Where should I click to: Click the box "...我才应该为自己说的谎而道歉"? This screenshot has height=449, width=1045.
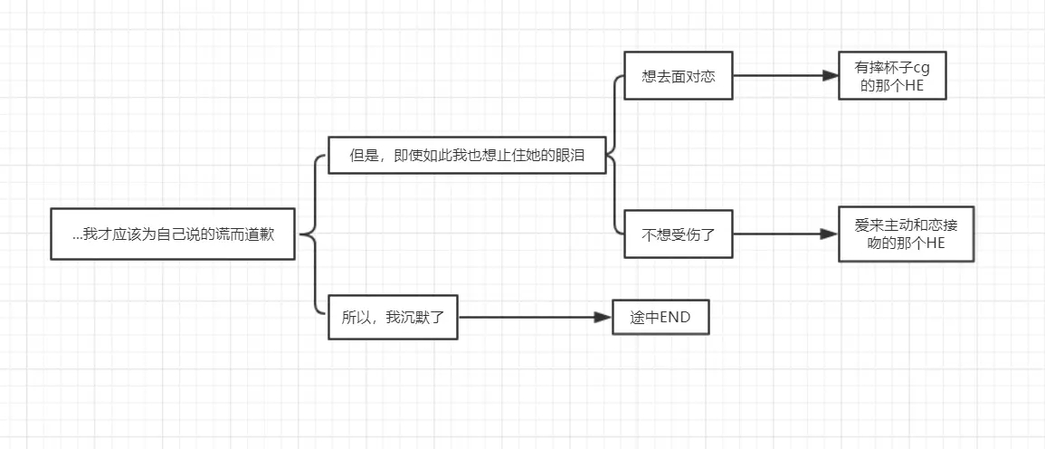click(173, 234)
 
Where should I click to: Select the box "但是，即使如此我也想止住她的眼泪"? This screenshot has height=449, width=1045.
click(467, 156)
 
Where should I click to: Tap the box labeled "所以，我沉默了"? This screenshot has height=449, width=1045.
click(393, 318)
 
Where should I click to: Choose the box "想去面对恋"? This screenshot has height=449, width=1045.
click(678, 76)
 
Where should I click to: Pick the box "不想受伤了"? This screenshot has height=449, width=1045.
click(678, 234)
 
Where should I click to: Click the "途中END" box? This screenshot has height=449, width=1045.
click(660, 318)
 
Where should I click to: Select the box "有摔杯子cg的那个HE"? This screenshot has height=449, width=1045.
click(892, 76)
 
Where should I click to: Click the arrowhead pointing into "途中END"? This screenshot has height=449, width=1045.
click(603, 318)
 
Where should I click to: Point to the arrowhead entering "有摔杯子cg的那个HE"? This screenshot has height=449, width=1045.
click(831, 76)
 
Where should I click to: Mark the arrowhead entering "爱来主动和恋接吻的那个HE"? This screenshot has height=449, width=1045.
click(830, 234)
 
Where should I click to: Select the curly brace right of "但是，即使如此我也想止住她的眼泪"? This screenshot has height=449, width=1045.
click(613, 156)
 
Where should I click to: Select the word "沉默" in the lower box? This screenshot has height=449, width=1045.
click(410, 318)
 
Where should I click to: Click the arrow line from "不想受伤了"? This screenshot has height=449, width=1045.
click(778, 234)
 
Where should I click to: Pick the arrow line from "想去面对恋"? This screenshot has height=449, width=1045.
click(778, 76)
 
